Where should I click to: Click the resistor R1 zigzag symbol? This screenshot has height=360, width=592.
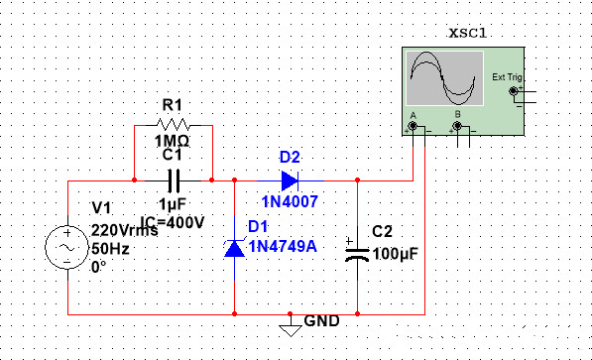pos(173,125)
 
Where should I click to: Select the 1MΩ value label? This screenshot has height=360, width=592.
pos(174,141)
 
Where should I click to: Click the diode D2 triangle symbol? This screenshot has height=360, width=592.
pos(289,180)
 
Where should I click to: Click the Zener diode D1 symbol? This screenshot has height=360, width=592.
pos(234,247)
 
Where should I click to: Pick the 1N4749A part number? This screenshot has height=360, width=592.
pos(283,246)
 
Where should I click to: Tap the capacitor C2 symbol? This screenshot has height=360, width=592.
pos(356,248)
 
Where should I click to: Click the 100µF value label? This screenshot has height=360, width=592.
pos(395,254)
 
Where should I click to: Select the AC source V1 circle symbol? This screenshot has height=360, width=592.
pos(67,248)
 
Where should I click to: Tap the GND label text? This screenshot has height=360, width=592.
pos(321,322)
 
